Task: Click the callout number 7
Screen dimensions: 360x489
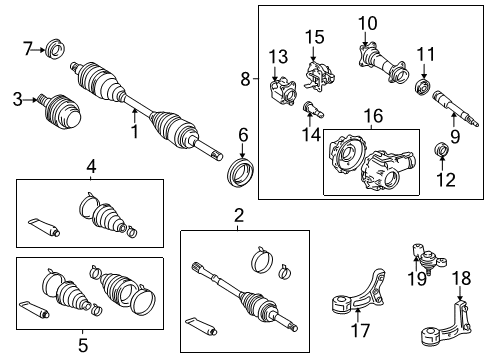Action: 29,46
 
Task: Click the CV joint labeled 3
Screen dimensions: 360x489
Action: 59,109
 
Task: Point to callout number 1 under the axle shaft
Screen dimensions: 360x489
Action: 133,128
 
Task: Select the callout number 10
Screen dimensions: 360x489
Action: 367,23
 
